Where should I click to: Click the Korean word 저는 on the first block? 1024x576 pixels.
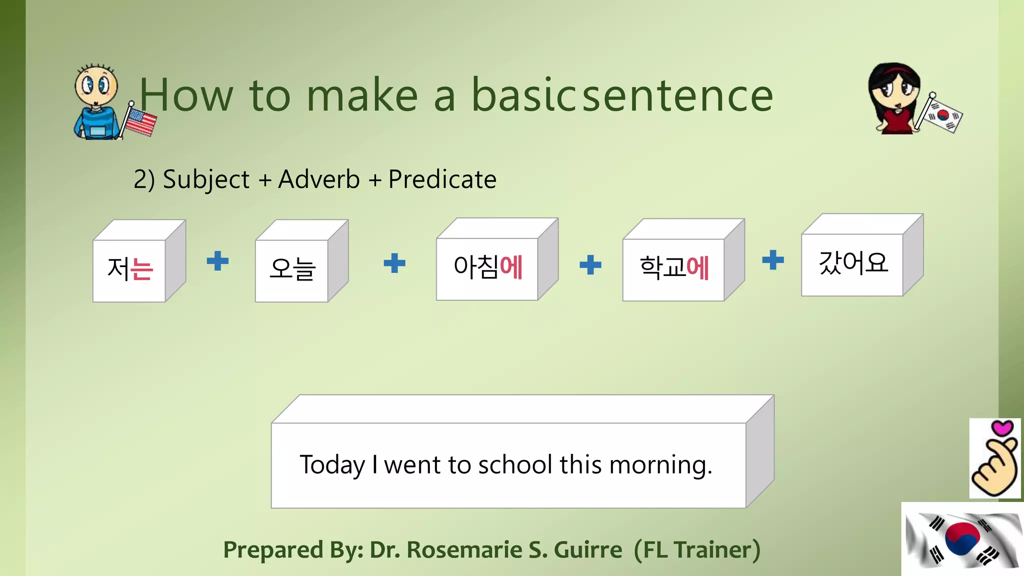coord(130,269)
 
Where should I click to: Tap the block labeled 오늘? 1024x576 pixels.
coord(292,269)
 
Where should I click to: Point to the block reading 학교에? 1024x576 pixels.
coord(674,268)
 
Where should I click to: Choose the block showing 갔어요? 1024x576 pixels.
coord(853,263)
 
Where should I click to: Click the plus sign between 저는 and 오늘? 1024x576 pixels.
coord(217,261)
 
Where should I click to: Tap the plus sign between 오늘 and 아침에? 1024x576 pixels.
coord(394,263)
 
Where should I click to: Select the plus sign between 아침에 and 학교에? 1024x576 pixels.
coord(590,264)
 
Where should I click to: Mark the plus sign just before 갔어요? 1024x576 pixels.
coord(773,260)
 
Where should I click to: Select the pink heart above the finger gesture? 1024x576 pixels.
coord(1002,428)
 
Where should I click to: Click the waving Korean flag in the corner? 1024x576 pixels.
coord(962,540)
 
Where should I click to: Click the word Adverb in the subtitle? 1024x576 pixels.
coord(319,179)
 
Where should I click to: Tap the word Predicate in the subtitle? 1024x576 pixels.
coord(442,179)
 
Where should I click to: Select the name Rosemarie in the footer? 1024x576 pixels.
coord(464,550)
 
